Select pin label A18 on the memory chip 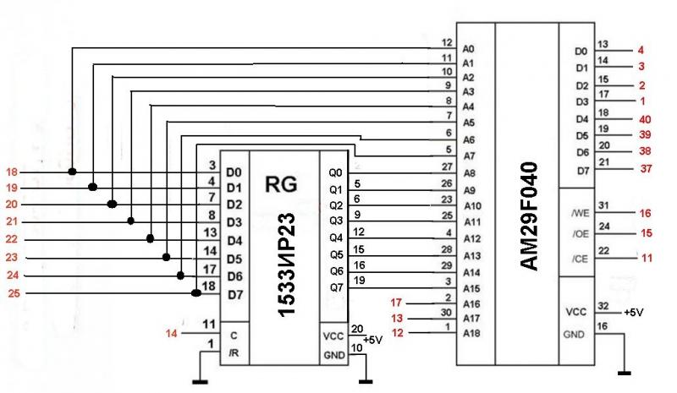[472, 335]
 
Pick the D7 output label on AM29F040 [581, 170]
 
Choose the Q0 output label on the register [335, 172]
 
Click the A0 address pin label [469, 48]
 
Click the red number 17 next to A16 [395, 303]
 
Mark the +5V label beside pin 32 [632, 312]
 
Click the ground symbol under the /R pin [200, 380]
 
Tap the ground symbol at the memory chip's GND [625, 372]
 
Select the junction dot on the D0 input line [74, 172]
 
